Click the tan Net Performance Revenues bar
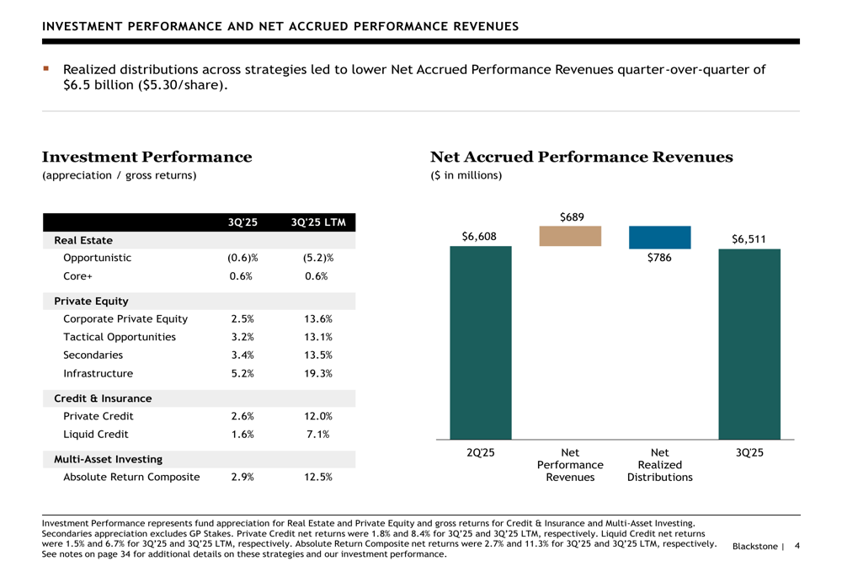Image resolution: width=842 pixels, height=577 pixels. tap(570, 236)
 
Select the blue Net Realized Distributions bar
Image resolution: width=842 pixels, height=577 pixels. tap(659, 237)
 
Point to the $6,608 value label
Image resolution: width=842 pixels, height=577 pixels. tap(480, 237)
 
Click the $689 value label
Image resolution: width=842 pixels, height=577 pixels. tap(571, 217)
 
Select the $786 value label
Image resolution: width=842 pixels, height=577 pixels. tap(659, 259)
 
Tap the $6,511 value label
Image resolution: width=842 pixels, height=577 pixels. tap(749, 239)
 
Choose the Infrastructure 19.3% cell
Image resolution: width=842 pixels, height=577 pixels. tap(317, 373)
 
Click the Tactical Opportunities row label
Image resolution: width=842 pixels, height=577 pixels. tap(120, 337)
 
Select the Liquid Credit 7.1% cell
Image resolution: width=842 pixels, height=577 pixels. tap(317, 435)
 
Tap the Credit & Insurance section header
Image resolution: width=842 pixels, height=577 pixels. tap(103, 398)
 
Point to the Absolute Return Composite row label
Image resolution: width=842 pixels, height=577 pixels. tap(131, 478)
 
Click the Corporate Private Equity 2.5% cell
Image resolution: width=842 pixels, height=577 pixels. tap(242, 319)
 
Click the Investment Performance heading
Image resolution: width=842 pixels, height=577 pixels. tap(147, 158)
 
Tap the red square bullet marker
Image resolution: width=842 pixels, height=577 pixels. tap(47, 68)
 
